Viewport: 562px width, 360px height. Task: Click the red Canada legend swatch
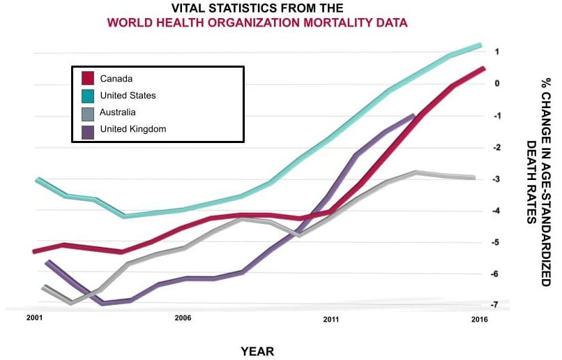click(x=88, y=79)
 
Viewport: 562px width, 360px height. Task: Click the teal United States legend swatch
click(x=88, y=96)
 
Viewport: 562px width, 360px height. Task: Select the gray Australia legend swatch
click(x=88, y=112)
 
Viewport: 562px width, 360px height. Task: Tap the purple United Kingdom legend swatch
click(x=88, y=129)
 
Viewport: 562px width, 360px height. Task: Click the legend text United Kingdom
click(x=133, y=129)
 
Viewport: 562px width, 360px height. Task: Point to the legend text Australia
click(x=118, y=112)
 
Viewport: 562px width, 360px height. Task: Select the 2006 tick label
click(x=183, y=318)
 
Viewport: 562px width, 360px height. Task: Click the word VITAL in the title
click(x=191, y=8)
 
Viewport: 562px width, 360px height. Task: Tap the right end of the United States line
click(x=480, y=45)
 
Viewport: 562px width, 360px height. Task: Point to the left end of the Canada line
click(x=34, y=251)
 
